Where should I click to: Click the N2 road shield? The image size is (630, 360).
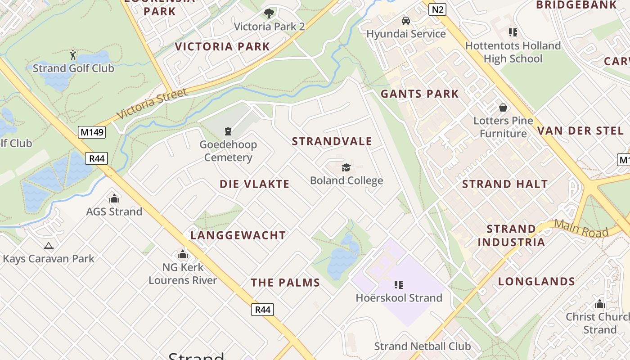coord(437,9)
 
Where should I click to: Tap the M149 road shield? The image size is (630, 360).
coord(92,132)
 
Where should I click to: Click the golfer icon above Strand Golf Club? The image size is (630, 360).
coord(73,55)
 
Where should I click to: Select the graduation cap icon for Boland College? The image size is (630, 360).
coord(346,167)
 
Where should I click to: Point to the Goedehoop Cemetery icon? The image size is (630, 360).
coord(228,131)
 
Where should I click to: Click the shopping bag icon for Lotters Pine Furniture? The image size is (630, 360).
coord(503,108)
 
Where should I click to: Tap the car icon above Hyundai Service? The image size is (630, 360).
coord(406,21)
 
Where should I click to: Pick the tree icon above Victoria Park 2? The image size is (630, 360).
coord(269,13)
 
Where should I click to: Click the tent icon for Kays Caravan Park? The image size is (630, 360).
coord(48,246)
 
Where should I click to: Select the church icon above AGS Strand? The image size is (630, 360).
coord(114,198)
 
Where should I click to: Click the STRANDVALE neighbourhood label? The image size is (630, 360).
coord(332,141)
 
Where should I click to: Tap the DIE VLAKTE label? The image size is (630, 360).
coord(255,184)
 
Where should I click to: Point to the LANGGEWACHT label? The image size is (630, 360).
coord(238,235)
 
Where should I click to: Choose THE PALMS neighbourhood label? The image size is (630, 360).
coord(285,283)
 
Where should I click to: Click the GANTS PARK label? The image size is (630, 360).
coord(419,94)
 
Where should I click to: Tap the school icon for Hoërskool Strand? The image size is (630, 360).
coord(398,284)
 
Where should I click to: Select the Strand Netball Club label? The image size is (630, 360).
coord(423,346)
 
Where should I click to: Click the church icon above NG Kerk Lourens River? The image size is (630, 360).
coord(182,255)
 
